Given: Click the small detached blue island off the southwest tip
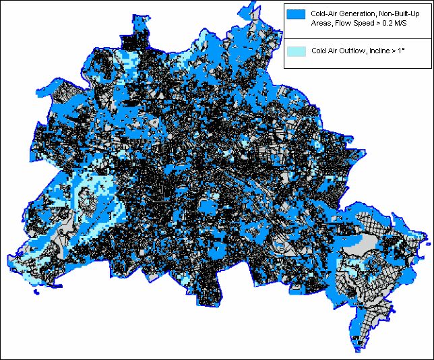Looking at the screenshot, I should (x=35, y=294).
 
